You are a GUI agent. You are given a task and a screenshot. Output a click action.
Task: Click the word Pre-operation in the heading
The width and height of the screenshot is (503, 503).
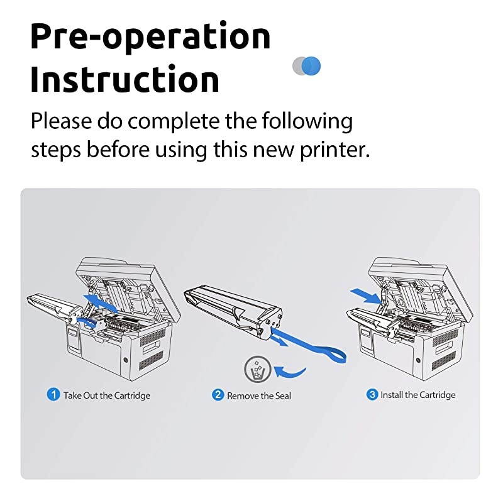pos(150,38)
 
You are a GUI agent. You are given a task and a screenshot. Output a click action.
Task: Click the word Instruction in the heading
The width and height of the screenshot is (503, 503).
pos(124,80)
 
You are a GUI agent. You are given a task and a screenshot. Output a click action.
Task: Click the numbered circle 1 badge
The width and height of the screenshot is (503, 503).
pos(53,395)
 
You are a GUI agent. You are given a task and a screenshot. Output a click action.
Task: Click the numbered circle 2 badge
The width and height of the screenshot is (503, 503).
pos(218,395)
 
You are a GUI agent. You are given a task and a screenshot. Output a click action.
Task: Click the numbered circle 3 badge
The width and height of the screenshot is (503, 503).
pos(372,395)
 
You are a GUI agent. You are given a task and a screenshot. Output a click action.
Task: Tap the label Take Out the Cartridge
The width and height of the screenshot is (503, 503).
pos(107,395)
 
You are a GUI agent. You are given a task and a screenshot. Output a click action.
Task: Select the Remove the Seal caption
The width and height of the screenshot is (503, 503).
pos(259,395)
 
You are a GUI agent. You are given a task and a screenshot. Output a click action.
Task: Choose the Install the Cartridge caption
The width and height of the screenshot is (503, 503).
pos(417,395)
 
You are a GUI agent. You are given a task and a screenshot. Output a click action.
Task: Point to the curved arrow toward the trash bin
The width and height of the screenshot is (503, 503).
pos(290,370)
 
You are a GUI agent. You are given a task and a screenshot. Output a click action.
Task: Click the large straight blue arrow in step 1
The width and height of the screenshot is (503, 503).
pos(102,301)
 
